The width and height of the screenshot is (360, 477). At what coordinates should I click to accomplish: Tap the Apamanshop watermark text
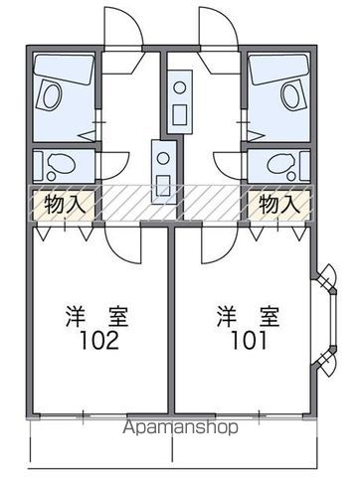[180, 430]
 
